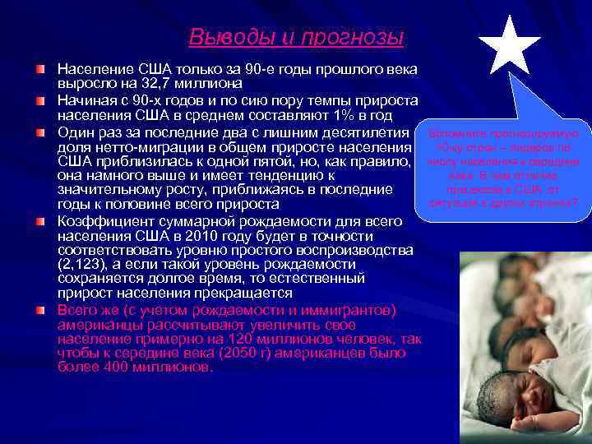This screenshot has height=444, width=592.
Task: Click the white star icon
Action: [509, 45]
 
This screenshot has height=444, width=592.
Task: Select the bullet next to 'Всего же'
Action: [39, 311]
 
